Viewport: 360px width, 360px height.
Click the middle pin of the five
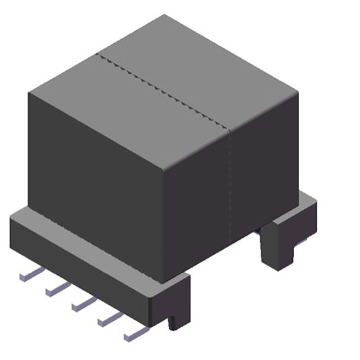tap(83, 304)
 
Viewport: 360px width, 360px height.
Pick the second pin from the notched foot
tap(109, 319)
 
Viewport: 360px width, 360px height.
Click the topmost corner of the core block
tap(165, 15)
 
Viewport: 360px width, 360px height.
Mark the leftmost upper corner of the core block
tap(29, 92)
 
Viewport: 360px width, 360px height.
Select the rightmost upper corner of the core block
tap(299, 90)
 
